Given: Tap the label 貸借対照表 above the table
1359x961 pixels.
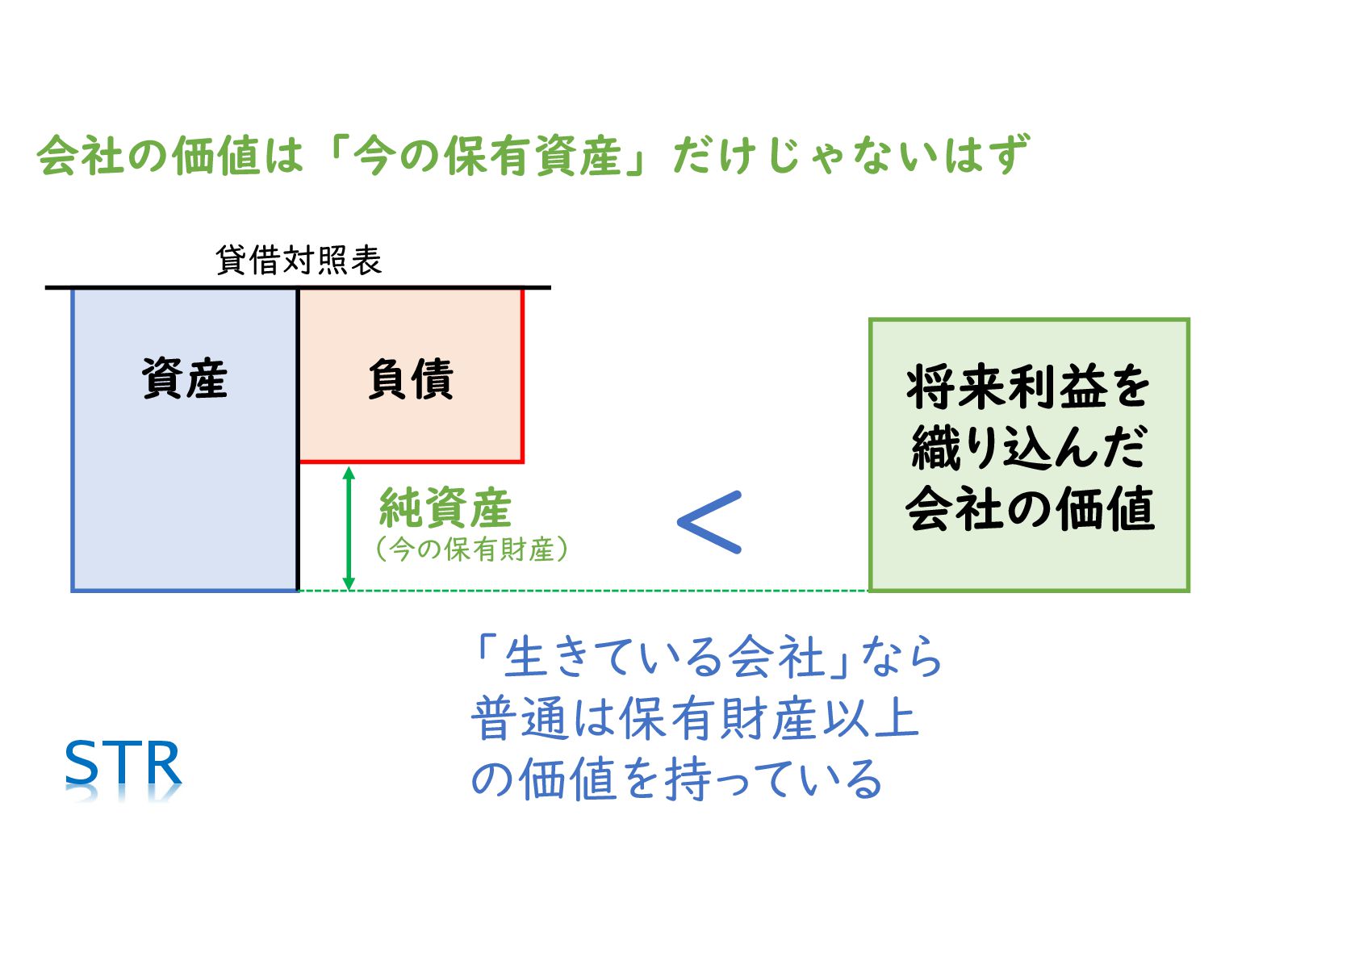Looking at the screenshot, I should tap(299, 261).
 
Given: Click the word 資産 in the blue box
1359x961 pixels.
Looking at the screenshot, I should tap(185, 378).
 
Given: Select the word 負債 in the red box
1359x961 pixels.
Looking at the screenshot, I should tap(411, 378).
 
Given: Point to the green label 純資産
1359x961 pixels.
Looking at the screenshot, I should tap(445, 508).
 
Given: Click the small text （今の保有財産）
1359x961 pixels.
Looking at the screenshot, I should tap(472, 549).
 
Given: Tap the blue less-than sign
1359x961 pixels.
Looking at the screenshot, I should tap(710, 522).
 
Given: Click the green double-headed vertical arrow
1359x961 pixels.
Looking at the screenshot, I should tap(349, 528).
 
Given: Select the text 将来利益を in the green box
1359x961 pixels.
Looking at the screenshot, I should tap(1028, 386).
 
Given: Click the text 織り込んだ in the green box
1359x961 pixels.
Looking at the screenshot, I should tap(1028, 448).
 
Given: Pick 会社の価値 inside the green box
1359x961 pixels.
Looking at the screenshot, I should tap(1030, 509).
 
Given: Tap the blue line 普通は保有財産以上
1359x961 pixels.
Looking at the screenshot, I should tap(695, 717).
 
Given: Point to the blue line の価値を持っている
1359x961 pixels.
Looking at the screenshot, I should tap(676, 779).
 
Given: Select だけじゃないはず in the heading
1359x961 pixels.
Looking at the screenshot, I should tap(851, 156).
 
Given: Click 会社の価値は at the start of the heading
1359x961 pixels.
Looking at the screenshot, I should tap(170, 156).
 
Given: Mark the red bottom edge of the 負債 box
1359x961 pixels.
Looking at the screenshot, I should tap(411, 462).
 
